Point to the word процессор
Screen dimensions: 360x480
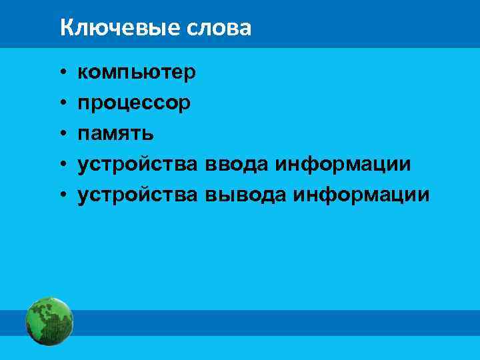pos(134,103)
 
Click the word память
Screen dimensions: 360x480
pos(116,133)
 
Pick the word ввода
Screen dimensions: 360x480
pos(237,164)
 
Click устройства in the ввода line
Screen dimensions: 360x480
pos(137,164)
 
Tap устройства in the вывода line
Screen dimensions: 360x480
pos(137,195)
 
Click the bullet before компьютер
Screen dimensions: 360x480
pos(61,73)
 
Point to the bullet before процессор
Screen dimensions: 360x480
pos(61,103)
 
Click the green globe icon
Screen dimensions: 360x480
pos(49,321)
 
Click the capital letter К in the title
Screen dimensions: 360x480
pos(65,28)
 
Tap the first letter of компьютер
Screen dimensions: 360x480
pos(83,73)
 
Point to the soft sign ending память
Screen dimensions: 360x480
pos(149,134)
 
